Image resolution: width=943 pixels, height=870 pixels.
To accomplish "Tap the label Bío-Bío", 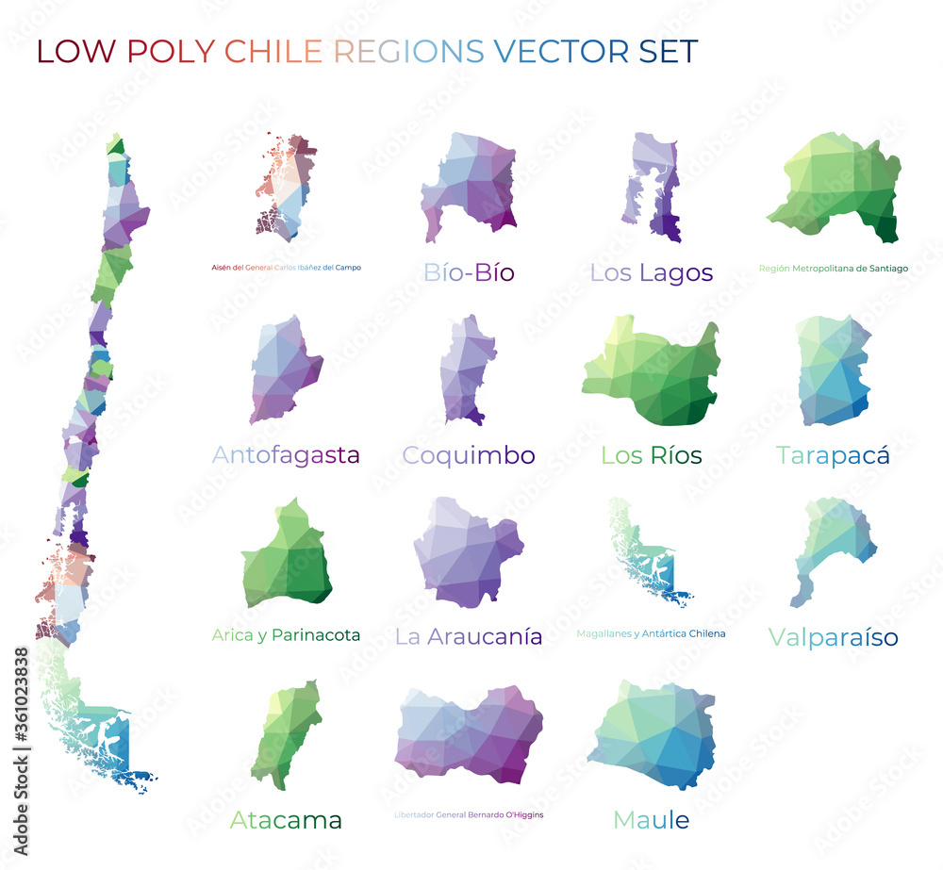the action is point(469,273).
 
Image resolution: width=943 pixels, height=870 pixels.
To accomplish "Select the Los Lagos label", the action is point(651,273).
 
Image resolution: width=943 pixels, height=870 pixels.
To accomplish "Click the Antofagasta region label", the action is point(286,455).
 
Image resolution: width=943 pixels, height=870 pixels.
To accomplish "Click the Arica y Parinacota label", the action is point(286,635).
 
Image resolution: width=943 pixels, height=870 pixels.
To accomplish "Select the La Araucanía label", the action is point(469,637).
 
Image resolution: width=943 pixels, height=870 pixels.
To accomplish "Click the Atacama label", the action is point(286,820).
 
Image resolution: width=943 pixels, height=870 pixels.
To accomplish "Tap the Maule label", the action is point(651,820).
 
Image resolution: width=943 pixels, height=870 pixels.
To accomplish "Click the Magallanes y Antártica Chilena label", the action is point(651,634).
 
